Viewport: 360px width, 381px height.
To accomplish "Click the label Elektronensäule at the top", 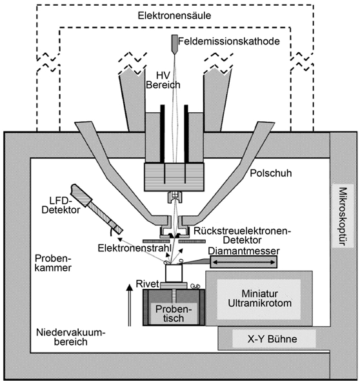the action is pos(174,15).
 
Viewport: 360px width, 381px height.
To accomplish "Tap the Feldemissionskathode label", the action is pos(229,41).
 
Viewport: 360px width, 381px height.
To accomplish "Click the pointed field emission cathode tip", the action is pos(174,54).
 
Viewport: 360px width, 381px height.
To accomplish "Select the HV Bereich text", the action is pos(163,80).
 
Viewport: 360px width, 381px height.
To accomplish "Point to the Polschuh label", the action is pos(271,173).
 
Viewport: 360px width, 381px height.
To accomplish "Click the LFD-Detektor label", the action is pos(61,205).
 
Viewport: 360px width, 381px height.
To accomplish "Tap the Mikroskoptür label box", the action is pos(343,216).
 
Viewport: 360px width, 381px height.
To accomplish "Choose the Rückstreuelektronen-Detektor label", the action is pos(243,235).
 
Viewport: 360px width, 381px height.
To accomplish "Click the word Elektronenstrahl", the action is pos(134,248).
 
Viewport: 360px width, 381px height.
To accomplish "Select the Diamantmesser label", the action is pos(244,251).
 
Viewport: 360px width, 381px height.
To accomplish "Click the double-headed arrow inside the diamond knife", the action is pos(244,262).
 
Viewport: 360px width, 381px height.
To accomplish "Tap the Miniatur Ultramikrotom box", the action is pos(259,298).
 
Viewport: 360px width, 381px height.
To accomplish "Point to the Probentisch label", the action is pos(174,313).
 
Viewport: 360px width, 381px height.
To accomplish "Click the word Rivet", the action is pos(147,284).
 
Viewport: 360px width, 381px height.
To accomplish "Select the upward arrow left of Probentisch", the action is pos(130,305).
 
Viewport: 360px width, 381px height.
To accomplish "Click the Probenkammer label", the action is pos(54,262).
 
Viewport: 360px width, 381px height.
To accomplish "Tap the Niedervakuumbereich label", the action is pos(71,337).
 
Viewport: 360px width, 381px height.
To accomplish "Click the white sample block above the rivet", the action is pos(174,273).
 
